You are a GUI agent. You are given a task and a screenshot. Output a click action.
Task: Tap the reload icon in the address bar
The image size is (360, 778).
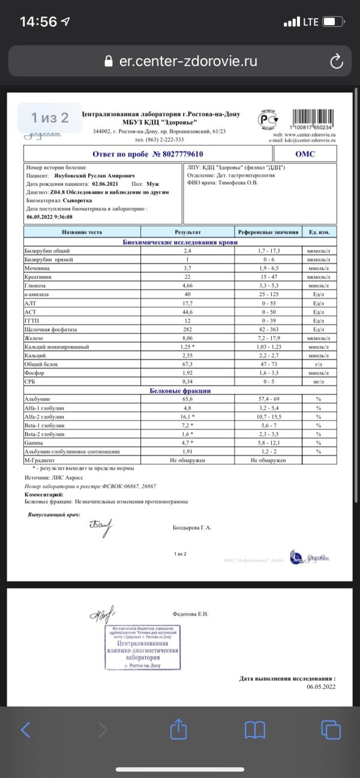click(337, 61)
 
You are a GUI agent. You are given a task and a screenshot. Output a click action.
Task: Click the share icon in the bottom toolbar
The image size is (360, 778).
click(178, 729)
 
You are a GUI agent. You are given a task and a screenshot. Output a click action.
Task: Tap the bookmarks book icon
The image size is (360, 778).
click(255, 729)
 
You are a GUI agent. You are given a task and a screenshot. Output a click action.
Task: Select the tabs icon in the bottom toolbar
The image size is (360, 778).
click(331, 729)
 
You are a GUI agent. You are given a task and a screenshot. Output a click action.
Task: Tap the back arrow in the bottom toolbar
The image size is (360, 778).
click(25, 729)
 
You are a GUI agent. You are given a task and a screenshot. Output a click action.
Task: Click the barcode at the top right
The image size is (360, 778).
click(314, 118)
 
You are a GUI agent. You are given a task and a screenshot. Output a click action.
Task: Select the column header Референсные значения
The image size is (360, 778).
click(268, 232)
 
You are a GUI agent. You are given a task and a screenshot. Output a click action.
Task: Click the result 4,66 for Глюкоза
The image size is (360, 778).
click(187, 286)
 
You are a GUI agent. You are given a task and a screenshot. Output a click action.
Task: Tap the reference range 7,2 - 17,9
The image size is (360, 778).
click(268, 338)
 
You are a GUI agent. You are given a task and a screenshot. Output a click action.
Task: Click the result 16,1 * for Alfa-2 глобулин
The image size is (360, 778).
click(188, 416)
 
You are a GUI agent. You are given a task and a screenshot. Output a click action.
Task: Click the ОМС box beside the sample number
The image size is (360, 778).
click(305, 154)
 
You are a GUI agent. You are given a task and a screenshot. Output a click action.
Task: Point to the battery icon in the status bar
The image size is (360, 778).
click(332, 22)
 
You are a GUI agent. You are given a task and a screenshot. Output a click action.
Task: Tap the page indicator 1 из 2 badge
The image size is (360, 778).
click(50, 118)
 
